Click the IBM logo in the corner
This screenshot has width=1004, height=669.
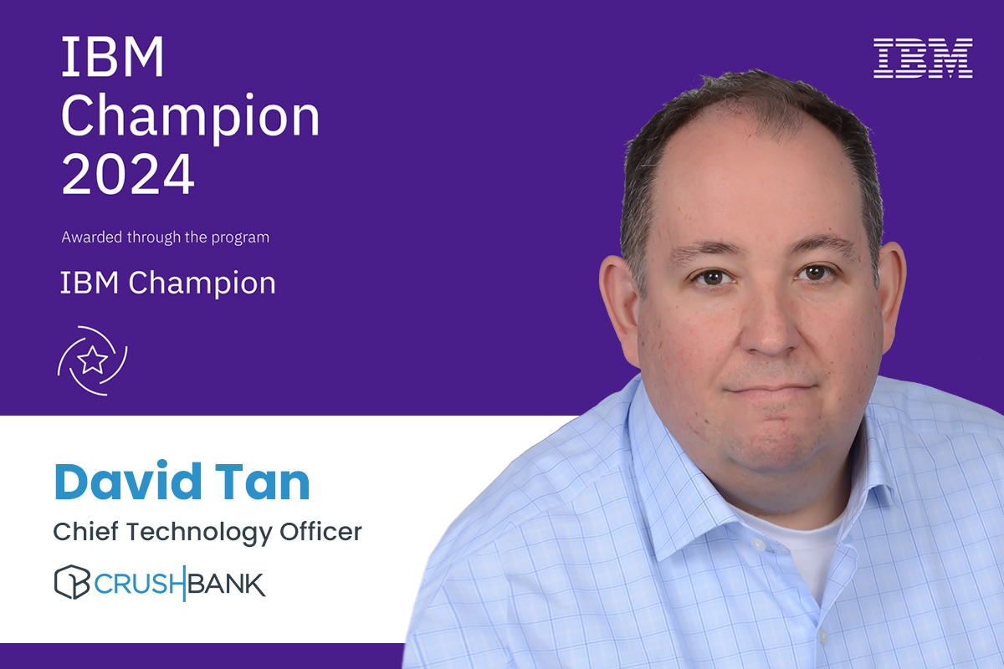923,59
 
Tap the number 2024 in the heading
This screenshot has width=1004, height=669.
127,173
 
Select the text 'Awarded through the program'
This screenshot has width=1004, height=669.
165,237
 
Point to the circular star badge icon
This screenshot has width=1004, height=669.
92,360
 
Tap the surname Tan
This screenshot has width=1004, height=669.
267,482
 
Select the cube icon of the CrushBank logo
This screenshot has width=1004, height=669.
71,582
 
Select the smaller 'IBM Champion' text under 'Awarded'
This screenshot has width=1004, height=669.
167,283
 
